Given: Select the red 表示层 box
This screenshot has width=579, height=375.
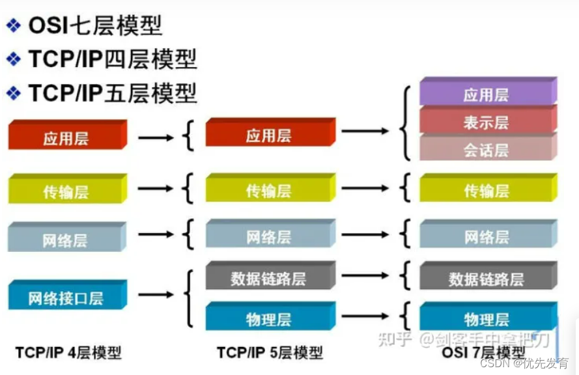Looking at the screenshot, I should [x=486, y=122].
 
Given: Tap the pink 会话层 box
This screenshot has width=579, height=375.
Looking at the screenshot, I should [x=486, y=150].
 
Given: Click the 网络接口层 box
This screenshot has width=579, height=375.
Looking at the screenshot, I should [x=66, y=299].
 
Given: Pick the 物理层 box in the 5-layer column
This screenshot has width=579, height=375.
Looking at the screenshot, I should [x=268, y=320].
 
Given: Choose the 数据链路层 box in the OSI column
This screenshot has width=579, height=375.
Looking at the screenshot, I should [x=486, y=279].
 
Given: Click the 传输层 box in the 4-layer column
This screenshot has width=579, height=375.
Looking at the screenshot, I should [x=66, y=192].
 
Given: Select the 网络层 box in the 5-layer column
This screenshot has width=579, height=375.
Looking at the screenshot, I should [x=268, y=237].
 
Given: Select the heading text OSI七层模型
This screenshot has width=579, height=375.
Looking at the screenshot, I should [x=95, y=25].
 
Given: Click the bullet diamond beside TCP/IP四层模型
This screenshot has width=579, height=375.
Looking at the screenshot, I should [x=13, y=59].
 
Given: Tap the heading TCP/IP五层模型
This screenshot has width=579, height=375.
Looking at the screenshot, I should [x=112, y=93].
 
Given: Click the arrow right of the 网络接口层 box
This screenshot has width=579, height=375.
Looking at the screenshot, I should [x=156, y=295].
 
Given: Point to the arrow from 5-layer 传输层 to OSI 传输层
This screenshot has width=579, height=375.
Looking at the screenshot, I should [x=365, y=189].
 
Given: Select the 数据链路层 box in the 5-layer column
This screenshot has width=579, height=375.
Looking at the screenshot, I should [x=268, y=279].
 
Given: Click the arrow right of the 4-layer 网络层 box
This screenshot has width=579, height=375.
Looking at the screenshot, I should [x=156, y=234].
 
